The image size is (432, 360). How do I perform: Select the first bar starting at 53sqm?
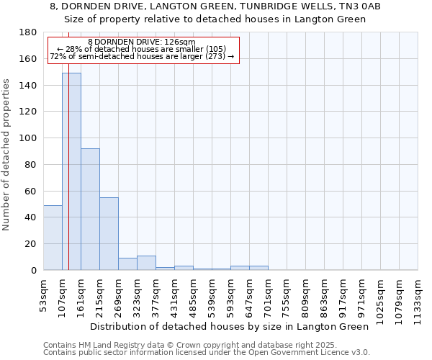pos(53,238)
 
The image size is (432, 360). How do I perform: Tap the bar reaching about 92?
pos(90,209)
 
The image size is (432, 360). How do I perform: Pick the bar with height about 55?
pos(109,233)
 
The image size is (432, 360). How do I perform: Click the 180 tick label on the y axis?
pos(29,32)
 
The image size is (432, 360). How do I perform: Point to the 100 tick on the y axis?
pos(29,138)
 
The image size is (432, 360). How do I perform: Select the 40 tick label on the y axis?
pos(31,217)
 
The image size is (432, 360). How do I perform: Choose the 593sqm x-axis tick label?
pos(231,295)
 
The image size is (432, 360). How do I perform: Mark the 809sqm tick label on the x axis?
pos(306,295)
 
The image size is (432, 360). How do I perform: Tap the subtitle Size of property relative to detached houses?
pos(220,19)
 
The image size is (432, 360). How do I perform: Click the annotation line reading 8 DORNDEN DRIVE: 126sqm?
pos(141,42)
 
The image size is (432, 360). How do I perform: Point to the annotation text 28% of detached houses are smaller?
pos(141,49)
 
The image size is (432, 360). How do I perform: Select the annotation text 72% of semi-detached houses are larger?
pos(141,56)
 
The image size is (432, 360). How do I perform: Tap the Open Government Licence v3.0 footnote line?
pos(207,352)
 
